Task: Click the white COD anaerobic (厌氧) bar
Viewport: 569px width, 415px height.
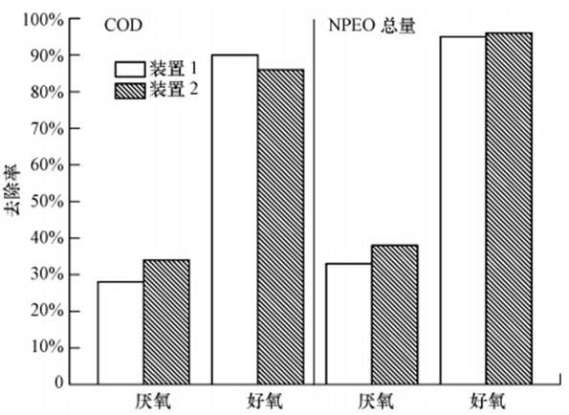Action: (120, 333)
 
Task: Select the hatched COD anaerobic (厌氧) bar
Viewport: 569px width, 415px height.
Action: (166, 322)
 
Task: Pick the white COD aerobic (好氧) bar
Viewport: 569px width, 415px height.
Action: (235, 220)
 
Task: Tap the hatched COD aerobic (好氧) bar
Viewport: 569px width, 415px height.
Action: (281, 227)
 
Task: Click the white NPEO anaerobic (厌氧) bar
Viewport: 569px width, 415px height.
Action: (349, 323)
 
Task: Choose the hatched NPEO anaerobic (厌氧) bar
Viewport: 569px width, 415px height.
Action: (395, 315)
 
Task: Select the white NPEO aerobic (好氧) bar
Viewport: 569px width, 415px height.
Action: (464, 210)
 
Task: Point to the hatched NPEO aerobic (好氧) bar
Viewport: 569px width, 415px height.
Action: (509, 208)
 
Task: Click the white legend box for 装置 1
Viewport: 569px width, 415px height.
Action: (130, 69)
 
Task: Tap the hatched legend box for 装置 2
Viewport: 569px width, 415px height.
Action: (130, 91)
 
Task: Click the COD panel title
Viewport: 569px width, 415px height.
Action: (123, 26)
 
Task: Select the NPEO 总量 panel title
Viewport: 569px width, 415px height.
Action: (372, 26)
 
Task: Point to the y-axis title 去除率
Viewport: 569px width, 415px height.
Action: (12, 189)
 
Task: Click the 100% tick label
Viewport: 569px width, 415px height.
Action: (43, 19)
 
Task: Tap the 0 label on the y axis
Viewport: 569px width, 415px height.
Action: (59, 382)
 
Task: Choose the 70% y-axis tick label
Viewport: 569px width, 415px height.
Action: (47, 128)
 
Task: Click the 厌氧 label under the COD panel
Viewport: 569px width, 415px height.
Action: (153, 402)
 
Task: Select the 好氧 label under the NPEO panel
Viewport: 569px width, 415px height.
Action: (488, 402)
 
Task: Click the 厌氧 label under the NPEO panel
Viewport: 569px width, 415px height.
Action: (377, 402)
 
